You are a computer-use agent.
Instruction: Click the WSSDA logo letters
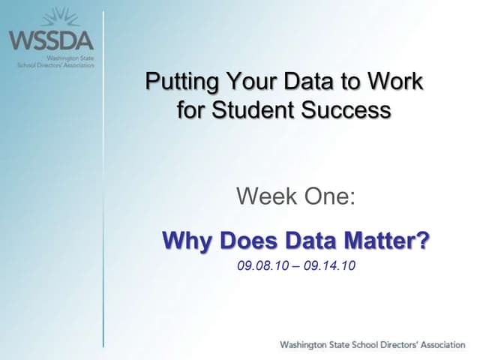coord(51,40)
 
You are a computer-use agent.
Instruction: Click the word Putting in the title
coord(174,81)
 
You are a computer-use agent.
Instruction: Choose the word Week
coord(262,197)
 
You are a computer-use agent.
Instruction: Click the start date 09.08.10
coord(263,265)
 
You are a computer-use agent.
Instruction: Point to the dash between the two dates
coord(296,266)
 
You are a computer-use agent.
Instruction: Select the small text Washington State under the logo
coord(69,58)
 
